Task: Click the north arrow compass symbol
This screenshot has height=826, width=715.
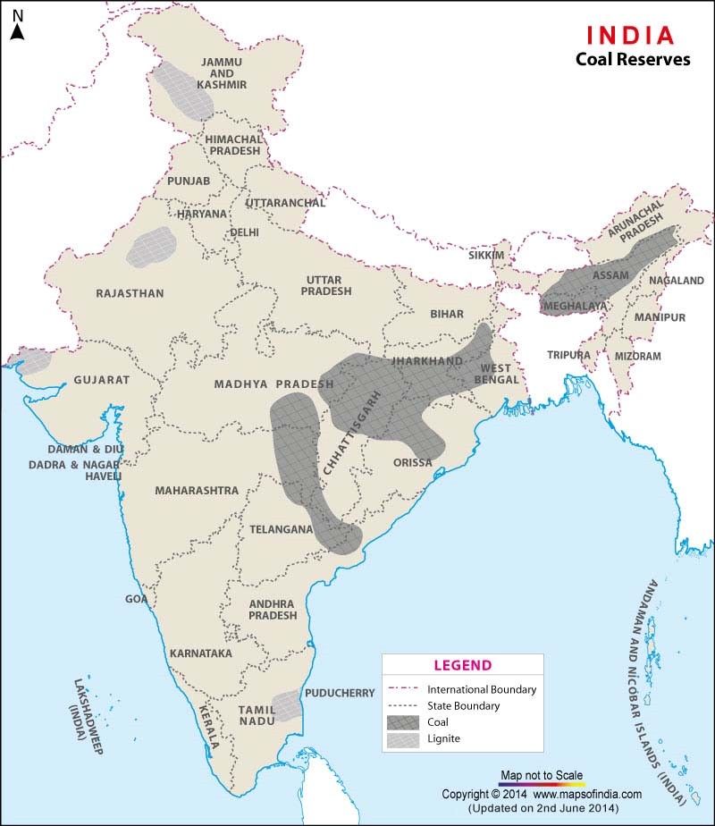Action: (x=17, y=24)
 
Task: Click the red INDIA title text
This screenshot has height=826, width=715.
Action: (x=630, y=35)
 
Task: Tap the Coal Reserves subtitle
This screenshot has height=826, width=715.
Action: (x=633, y=60)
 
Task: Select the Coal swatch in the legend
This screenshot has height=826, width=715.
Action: (x=406, y=721)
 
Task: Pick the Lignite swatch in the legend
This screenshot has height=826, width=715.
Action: (x=406, y=739)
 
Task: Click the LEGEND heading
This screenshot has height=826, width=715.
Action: (x=462, y=665)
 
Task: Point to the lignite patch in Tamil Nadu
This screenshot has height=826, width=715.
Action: (x=286, y=705)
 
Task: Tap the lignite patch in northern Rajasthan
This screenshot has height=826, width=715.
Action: (x=148, y=247)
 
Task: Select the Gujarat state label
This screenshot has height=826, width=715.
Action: (x=101, y=380)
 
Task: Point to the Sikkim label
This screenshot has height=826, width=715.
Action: (x=486, y=256)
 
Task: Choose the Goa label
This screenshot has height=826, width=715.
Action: (x=136, y=600)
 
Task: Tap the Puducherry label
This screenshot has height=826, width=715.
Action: (x=340, y=693)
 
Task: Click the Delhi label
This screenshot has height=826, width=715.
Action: (x=244, y=232)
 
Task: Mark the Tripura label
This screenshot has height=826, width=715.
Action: (x=568, y=355)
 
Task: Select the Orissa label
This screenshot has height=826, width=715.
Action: (x=412, y=463)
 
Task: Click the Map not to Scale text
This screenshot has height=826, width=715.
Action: (x=541, y=774)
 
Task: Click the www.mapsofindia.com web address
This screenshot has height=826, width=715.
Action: (x=588, y=794)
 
